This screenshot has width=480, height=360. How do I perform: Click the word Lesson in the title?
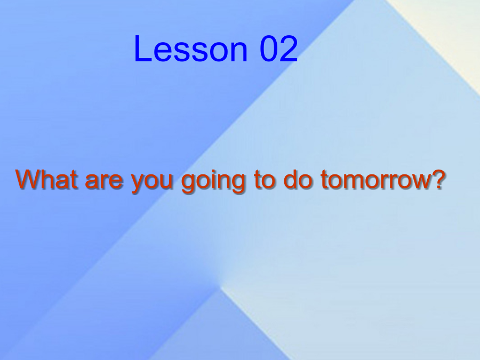pos(190,49)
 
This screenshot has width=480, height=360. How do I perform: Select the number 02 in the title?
pos(278,49)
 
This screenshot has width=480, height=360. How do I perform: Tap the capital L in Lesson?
pos(142,49)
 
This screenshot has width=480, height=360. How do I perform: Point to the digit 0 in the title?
pos(269,49)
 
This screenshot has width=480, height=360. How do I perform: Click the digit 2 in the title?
pos(289,49)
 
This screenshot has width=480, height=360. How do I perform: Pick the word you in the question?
pos(152,183)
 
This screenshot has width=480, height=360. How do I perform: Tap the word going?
pos(213,181)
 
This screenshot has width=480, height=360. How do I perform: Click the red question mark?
pos(436,179)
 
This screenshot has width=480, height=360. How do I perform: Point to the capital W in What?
pos(30,179)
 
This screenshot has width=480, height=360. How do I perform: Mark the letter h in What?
pos(52,179)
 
